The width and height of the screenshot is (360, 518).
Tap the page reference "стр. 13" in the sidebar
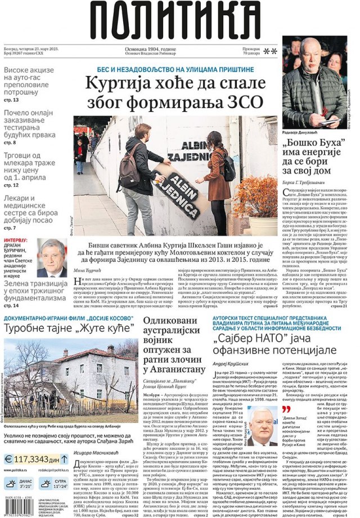click(12, 100)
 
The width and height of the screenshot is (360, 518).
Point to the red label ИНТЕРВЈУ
click(16, 239)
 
